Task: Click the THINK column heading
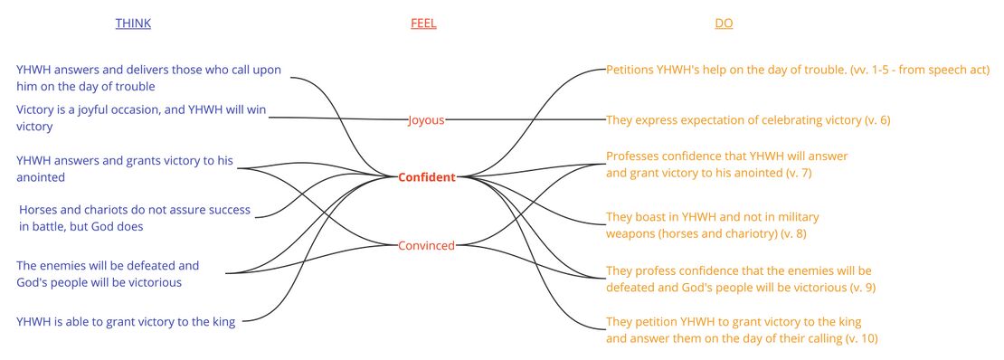133,24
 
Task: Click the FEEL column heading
423,24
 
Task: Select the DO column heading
724,24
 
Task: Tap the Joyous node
426,119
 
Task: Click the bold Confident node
427,177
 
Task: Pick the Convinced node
427,245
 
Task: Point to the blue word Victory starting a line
37,110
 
